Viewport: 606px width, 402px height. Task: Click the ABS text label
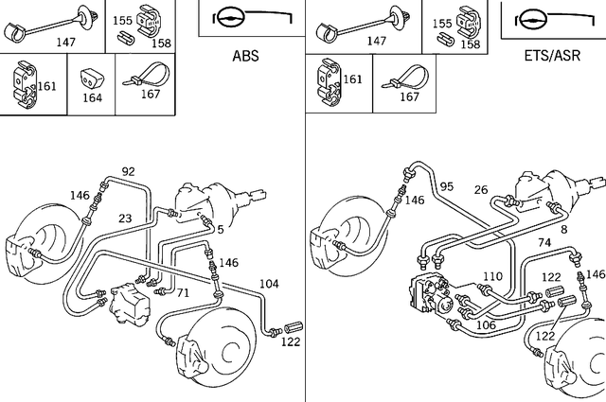point(245,56)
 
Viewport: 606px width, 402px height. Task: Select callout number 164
point(92,96)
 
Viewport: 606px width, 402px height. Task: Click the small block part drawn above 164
point(92,76)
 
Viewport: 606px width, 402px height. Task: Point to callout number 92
point(129,171)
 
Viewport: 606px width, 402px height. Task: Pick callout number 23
point(125,218)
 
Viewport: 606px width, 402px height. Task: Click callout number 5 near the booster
point(220,228)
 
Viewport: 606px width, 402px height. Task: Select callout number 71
point(183,293)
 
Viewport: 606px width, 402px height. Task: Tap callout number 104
point(270,284)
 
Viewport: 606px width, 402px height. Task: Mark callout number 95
point(447,186)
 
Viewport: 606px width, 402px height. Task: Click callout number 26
point(481,190)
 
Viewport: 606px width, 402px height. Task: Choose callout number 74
point(544,242)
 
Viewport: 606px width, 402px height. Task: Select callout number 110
point(491,277)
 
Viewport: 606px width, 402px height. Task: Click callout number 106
point(486,324)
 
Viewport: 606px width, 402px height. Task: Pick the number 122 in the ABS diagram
point(291,341)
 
